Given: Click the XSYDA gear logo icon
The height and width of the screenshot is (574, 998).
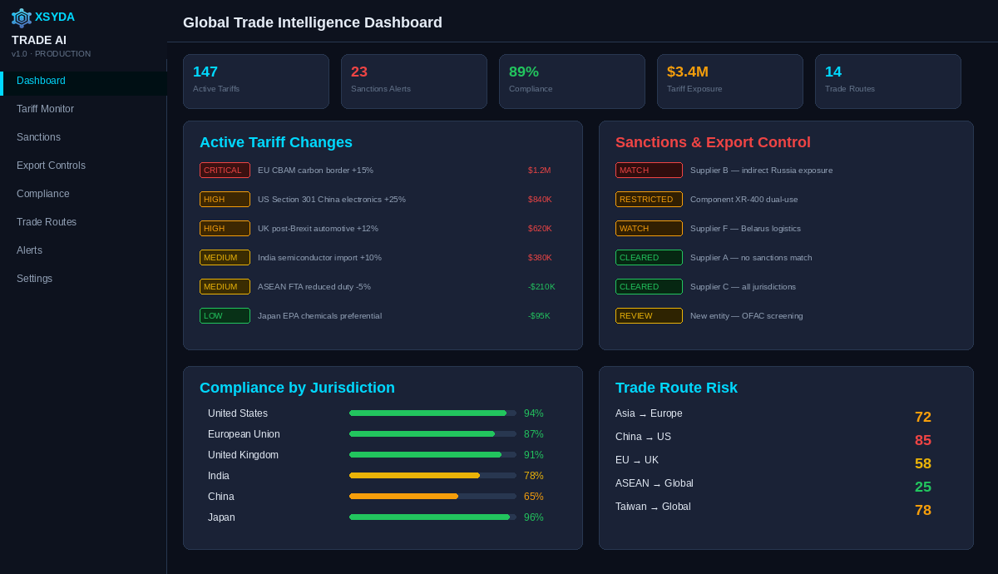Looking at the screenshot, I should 21,17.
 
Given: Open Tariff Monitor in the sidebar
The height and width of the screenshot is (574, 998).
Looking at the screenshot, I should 45,109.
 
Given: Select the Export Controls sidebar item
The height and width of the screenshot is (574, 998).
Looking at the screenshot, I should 51,166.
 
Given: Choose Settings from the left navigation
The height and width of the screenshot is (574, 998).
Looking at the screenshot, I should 34,279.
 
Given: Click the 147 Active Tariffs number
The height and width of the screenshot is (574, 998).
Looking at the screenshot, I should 205,72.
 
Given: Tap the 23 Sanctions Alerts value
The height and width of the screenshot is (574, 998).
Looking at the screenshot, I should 359,72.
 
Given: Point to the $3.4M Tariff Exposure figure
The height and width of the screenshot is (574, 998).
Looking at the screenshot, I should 687,72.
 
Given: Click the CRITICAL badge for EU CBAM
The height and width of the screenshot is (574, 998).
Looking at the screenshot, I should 225,171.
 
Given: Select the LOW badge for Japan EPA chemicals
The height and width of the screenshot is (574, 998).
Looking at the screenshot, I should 225,316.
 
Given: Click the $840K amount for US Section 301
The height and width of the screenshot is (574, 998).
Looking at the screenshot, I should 540,200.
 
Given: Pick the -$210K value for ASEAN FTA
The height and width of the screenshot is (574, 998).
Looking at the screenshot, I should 541,287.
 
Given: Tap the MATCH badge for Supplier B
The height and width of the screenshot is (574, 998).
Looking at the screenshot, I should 649,171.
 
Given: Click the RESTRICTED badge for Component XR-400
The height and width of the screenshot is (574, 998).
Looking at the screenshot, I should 649,200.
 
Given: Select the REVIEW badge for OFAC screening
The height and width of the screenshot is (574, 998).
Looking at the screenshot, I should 649,316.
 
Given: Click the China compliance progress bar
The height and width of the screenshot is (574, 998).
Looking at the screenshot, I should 432,497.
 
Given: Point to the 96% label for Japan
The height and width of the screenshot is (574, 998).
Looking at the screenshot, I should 533,517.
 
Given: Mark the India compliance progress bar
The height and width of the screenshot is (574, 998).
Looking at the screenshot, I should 432,476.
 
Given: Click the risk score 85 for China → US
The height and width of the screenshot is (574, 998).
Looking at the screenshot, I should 922,441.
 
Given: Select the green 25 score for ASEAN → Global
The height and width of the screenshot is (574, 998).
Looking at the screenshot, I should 922,487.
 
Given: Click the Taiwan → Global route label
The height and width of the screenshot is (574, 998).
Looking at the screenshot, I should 653,507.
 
